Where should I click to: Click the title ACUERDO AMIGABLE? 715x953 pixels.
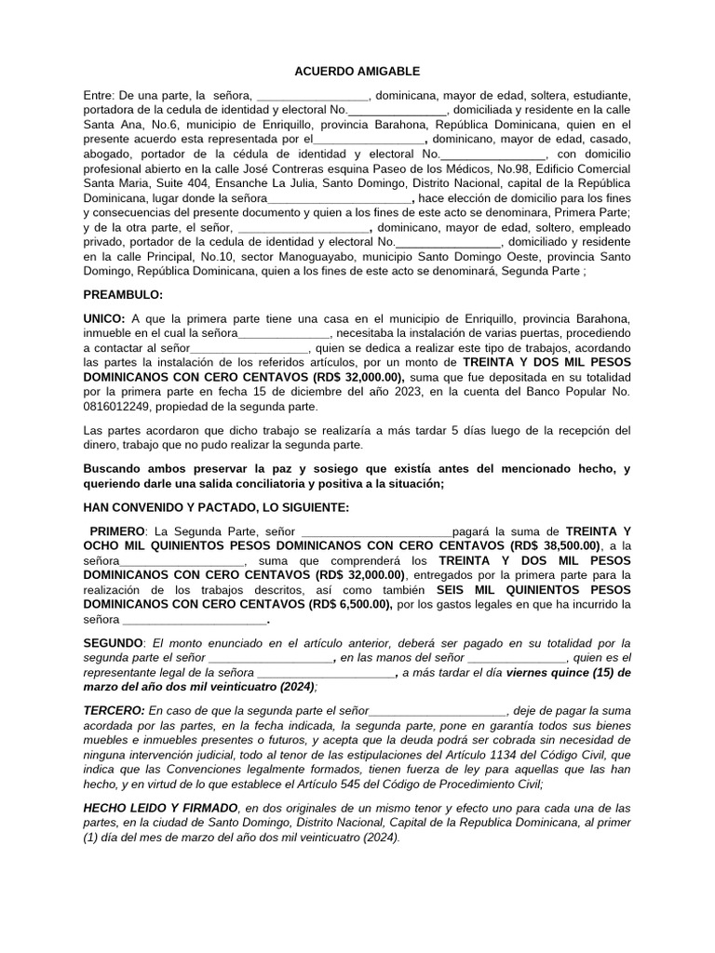357,71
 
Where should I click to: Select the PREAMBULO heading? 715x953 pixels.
123,295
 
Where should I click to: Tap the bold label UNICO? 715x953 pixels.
103,317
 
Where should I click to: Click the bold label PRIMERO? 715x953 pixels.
119,530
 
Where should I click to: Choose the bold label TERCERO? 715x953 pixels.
114,710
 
